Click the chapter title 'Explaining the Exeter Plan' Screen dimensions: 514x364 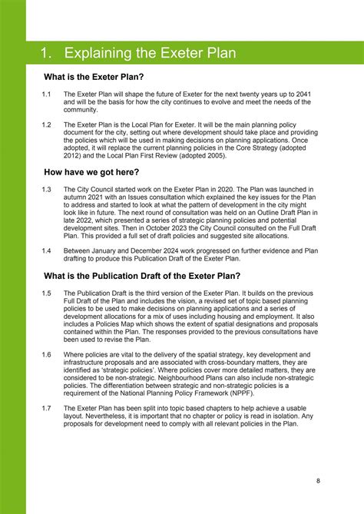[150, 54]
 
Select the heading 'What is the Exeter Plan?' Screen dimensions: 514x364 [94, 78]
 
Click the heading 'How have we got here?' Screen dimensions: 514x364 [91, 173]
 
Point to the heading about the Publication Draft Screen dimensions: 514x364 [142, 276]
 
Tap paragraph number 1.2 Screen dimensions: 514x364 [46, 124]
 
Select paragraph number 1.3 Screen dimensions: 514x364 [46, 189]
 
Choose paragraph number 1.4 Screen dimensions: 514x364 [46, 249]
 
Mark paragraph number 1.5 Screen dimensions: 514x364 [46, 293]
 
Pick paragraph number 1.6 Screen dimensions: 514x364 [46, 354]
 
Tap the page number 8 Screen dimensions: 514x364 [318, 481]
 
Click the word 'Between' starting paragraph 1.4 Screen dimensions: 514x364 [78, 249]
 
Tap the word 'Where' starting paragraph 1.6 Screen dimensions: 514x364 [74, 354]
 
